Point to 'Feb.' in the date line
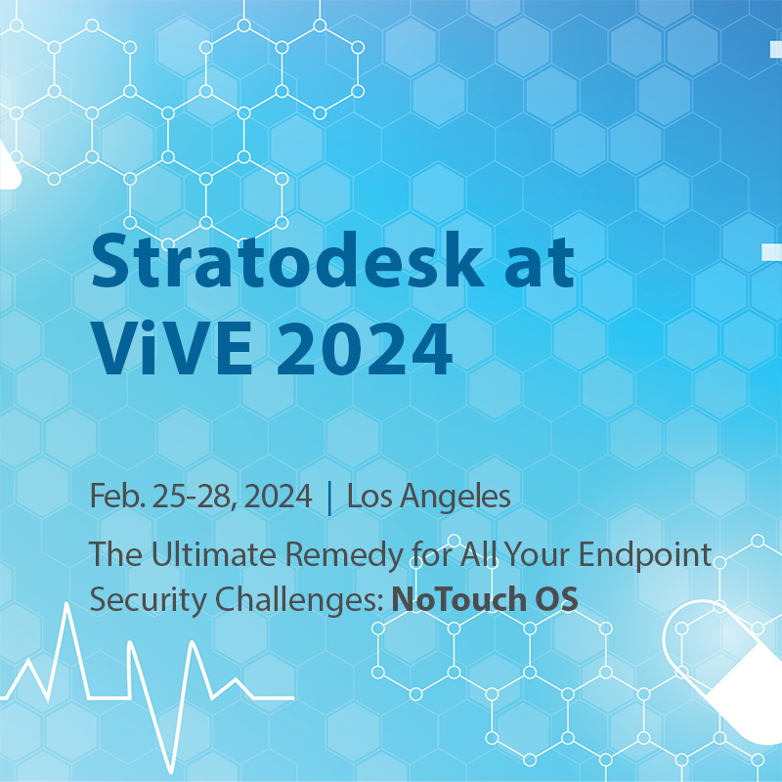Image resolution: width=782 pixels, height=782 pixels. pyautogui.click(x=116, y=497)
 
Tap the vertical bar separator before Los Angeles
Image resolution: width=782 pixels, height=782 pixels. pyautogui.click(x=329, y=498)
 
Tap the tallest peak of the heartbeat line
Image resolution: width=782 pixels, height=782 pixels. pyautogui.click(x=65, y=608)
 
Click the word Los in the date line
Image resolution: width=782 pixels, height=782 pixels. pyautogui.click(x=368, y=497)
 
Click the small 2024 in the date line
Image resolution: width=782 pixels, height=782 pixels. pyautogui.click(x=279, y=497)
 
